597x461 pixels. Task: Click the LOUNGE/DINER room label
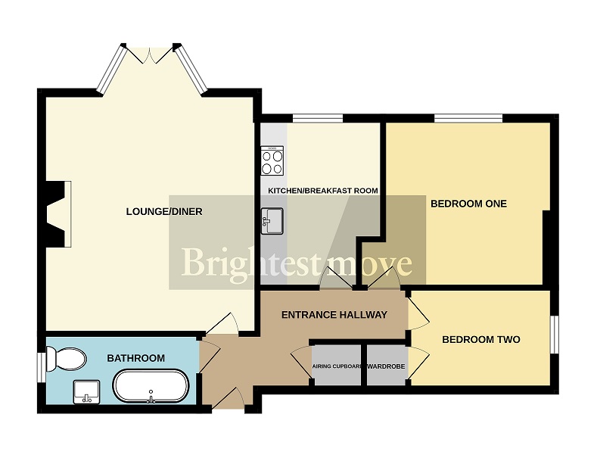[163, 211]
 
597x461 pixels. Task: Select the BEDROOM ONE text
[468, 204]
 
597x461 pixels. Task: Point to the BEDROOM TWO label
[480, 339]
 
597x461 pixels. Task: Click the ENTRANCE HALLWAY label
[334, 315]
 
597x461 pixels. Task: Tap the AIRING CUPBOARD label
[337, 367]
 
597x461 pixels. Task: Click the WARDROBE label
[386, 367]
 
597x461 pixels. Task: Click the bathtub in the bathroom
[150, 387]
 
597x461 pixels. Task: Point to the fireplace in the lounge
[58, 214]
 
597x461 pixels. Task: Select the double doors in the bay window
[150, 55]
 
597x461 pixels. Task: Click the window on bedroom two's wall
[555, 334]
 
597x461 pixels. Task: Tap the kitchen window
[317, 118]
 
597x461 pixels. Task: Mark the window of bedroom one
[468, 118]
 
